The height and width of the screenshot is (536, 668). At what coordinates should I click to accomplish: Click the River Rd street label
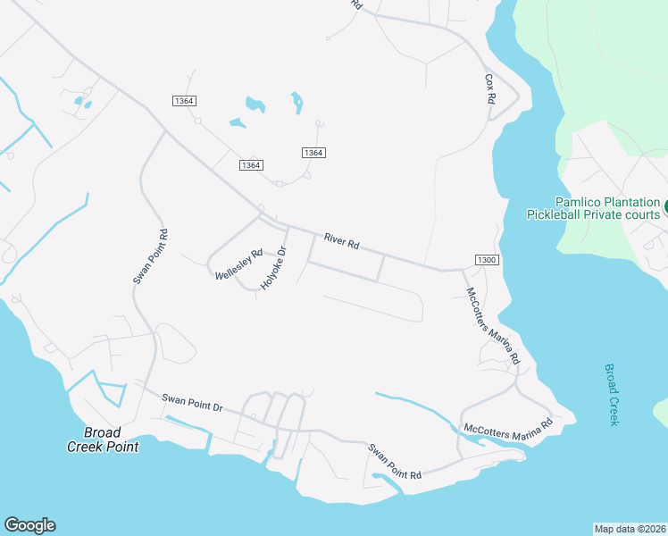click(341, 241)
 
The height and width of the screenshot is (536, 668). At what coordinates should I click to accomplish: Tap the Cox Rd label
click(489, 90)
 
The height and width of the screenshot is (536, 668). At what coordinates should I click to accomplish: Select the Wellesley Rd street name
click(238, 265)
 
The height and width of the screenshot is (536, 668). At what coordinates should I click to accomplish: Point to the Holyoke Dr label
click(271, 269)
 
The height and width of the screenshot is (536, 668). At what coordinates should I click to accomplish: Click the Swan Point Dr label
click(192, 403)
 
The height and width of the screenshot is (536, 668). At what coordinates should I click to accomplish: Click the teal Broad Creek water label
click(612, 394)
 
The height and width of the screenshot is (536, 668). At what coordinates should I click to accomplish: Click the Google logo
click(29, 525)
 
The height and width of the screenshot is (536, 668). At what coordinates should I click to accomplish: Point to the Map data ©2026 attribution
click(629, 528)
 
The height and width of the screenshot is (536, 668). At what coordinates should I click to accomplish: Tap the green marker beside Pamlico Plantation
click(665, 207)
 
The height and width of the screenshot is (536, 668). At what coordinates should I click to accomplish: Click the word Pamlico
click(580, 203)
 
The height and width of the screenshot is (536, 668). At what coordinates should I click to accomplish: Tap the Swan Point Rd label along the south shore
click(395, 461)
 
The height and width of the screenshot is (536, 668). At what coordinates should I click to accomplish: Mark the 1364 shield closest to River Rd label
click(313, 153)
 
